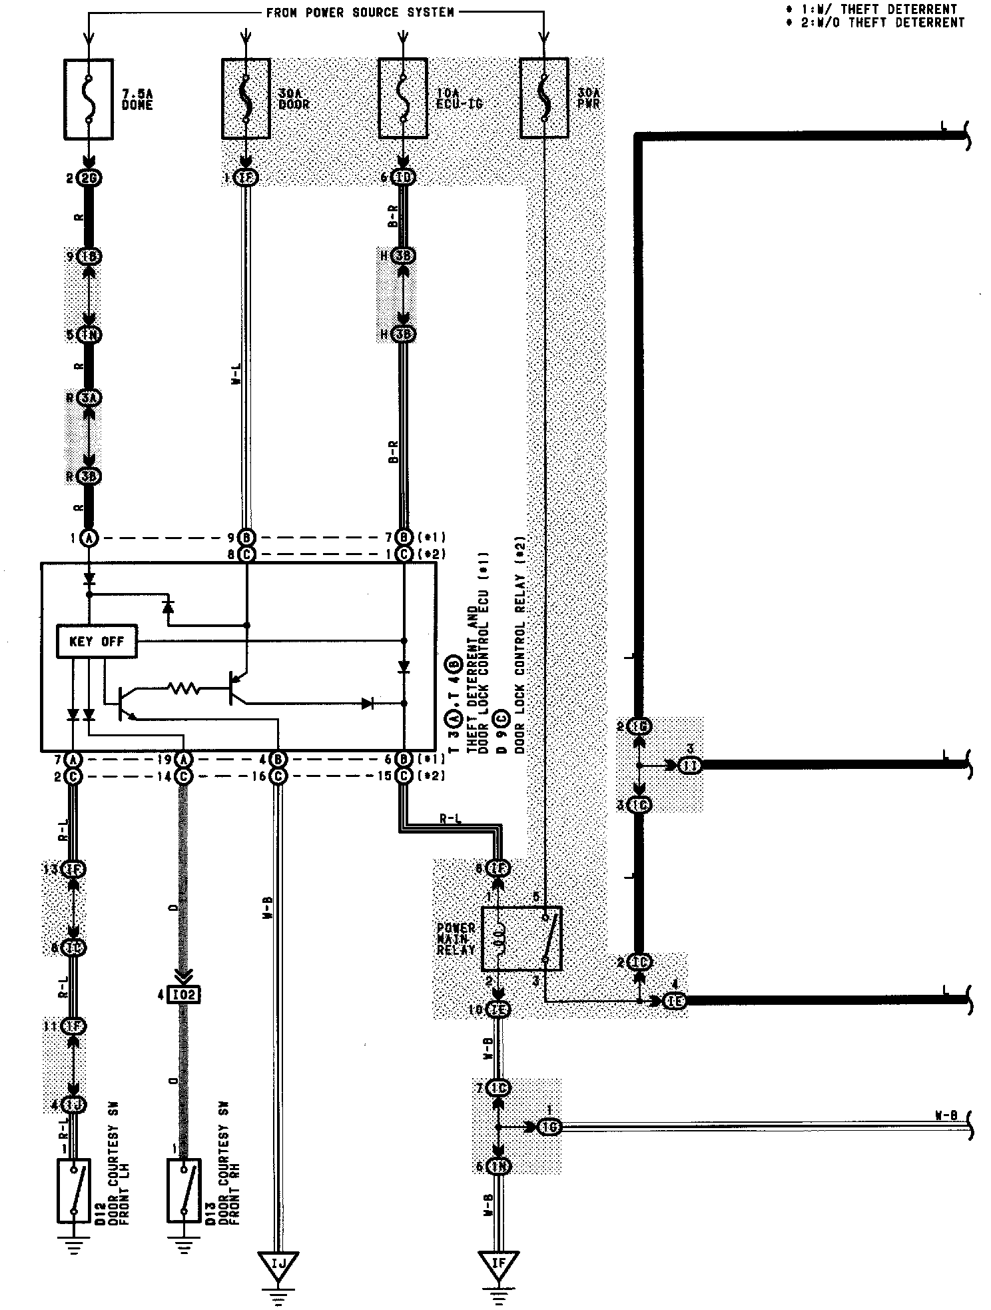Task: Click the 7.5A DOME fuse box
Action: [x=89, y=99]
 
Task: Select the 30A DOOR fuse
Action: [x=246, y=98]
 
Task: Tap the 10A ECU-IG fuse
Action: [x=402, y=98]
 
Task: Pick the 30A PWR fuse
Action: [x=544, y=98]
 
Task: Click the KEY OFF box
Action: [x=97, y=642]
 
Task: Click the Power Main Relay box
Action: [x=521, y=938]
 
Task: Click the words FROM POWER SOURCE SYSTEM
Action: [x=360, y=12]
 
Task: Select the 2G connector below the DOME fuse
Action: [x=89, y=178]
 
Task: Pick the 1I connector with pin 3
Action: [x=690, y=766]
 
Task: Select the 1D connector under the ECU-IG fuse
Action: [x=403, y=177]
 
